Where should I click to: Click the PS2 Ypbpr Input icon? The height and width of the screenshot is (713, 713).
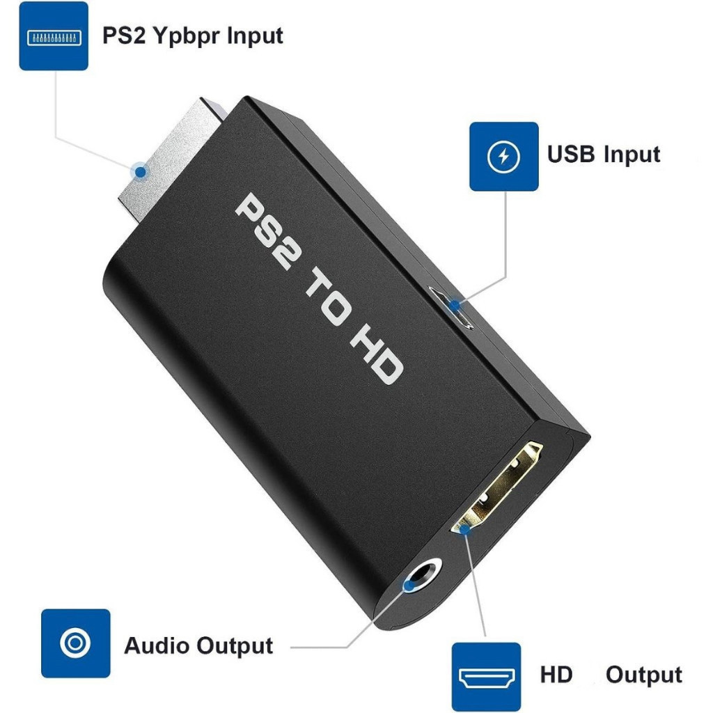(54, 36)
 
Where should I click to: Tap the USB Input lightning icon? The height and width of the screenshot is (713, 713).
(503, 157)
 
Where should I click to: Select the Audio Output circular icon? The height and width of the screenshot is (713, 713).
(75, 643)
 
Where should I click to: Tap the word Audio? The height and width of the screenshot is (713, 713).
(157, 645)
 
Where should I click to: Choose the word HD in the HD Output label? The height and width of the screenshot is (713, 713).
(556, 674)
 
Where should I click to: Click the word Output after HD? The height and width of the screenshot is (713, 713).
(644, 675)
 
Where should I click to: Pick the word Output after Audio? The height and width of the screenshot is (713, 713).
(235, 645)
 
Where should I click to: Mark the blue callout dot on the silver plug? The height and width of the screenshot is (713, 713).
(141, 171)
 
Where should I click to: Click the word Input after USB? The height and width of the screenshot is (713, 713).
(632, 154)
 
